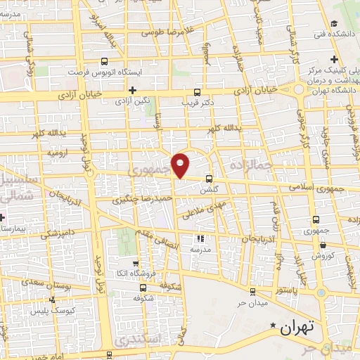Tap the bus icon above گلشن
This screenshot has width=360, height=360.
(x=209, y=179)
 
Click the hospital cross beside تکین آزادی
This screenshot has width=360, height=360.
(x=132, y=90)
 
